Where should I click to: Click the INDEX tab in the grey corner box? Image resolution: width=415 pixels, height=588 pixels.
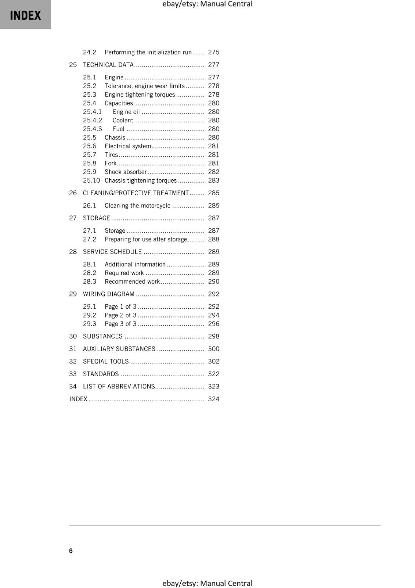point(25,15)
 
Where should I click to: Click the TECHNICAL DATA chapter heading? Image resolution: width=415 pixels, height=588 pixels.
point(108,65)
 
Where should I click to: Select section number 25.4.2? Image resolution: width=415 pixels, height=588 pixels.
point(92,121)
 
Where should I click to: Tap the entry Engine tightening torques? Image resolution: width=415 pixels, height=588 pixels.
point(140,95)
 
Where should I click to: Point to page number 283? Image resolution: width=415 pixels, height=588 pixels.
point(213,181)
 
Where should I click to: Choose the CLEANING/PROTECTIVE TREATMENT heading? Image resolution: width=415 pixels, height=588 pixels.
point(136,193)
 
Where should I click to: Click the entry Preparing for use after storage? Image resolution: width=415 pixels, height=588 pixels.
point(146,240)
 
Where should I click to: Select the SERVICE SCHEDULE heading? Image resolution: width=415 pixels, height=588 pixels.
point(112,252)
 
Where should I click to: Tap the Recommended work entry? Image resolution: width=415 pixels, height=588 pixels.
point(132,282)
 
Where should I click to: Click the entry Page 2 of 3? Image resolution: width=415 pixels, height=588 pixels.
point(120,315)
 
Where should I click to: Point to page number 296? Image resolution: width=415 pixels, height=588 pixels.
point(213,324)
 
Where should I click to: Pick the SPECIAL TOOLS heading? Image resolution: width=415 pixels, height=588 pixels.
point(106,362)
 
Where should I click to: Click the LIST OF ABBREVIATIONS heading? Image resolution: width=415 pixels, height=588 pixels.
point(119,387)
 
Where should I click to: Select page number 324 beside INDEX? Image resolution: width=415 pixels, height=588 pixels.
point(213,399)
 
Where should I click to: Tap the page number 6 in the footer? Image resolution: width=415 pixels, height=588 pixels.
point(71,551)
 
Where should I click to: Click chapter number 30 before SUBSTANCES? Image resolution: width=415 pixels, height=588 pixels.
point(73,337)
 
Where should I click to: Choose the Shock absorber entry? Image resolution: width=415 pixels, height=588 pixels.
point(126,172)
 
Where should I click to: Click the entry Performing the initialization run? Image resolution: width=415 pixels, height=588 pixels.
point(148,53)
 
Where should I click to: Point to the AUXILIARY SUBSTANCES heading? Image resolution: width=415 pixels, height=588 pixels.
point(119,349)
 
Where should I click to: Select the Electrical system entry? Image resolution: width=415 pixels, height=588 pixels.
point(127,146)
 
